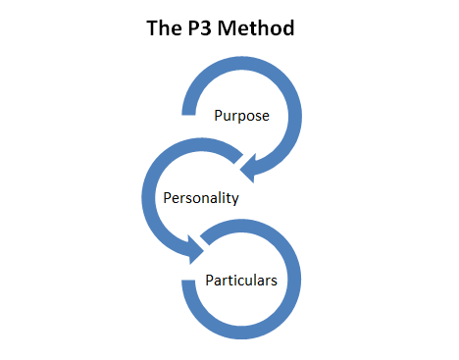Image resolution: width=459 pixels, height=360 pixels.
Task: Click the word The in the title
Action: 160,28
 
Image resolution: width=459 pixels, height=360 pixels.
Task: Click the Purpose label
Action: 242,116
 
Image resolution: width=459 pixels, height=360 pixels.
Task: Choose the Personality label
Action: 200,197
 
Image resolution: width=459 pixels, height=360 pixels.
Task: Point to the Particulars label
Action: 241,280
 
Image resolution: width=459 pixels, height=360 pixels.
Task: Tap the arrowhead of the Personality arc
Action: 192,253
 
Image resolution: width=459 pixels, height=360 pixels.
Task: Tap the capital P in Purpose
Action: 219,116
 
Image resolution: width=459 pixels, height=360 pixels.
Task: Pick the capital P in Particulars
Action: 210,280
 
